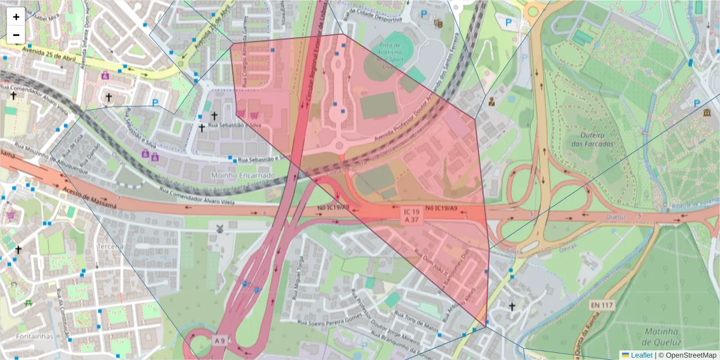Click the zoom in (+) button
click(x=16, y=17)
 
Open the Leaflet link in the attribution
click(x=641, y=355)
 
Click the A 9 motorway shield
click(x=220, y=341)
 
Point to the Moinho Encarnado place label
click(x=243, y=175)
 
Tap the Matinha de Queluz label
click(x=661, y=337)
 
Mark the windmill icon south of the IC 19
click(x=220, y=229)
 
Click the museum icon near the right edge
click(x=707, y=113)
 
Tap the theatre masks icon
click(x=438, y=23)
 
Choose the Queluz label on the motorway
click(x=616, y=217)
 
